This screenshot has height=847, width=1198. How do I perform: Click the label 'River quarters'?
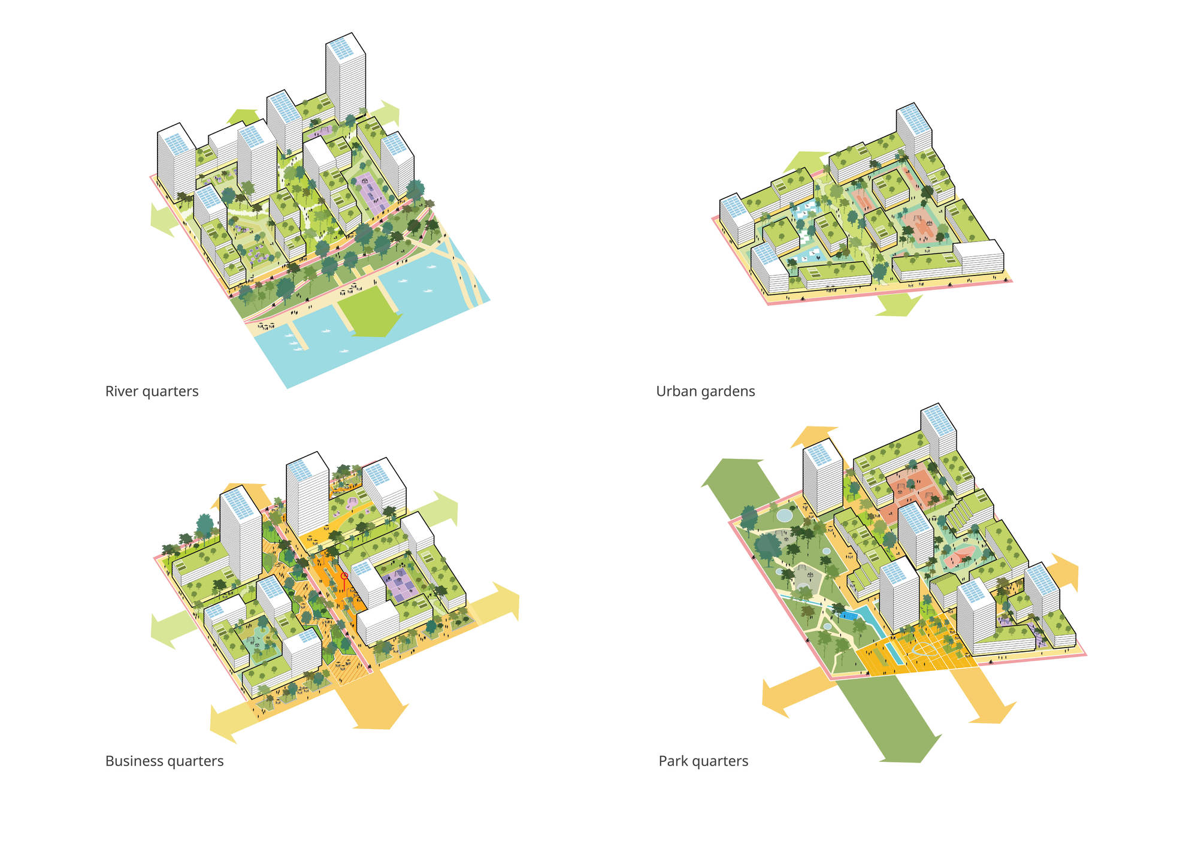[152, 391]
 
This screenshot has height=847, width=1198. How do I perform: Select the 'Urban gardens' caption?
[705, 391]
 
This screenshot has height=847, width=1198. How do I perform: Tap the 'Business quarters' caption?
[164, 761]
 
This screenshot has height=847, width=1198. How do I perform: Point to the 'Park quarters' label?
[703, 761]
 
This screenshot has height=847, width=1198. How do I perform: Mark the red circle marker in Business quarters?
[344, 576]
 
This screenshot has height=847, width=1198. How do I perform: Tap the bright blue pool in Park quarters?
[848, 615]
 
